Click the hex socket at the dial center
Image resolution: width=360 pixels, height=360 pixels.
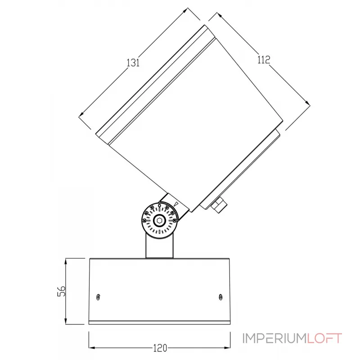(160, 220)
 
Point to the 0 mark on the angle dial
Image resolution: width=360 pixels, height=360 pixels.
(160, 206)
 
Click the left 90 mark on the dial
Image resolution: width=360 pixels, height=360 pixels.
(144, 220)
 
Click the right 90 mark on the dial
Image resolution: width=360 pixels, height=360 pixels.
(175, 220)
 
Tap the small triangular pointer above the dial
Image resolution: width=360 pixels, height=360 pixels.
(176, 204)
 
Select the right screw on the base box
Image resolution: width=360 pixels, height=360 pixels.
(220, 296)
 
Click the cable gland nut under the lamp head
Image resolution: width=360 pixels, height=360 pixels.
(219, 205)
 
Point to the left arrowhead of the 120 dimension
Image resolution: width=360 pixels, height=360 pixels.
(91, 348)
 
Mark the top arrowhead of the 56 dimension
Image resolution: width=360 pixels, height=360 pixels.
(66, 261)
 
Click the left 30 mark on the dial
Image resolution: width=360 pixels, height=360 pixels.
(152, 207)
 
